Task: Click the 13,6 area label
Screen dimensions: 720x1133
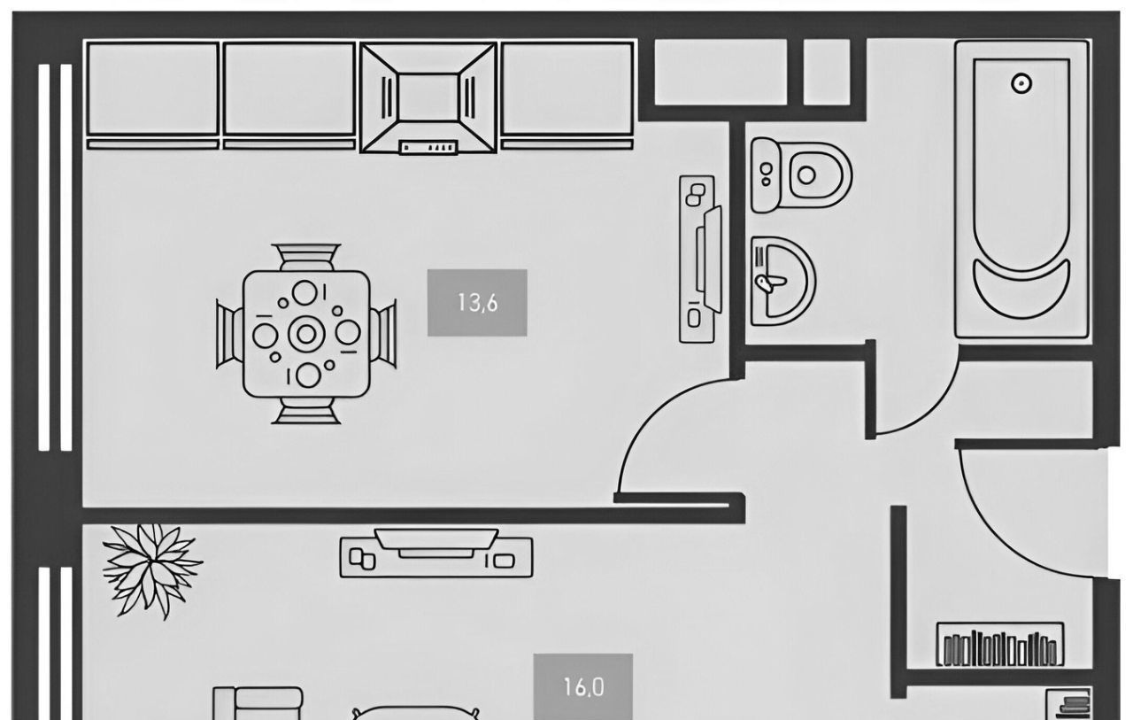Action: tap(477, 303)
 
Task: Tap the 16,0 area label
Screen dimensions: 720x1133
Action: tap(583, 685)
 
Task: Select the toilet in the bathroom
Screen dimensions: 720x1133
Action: tap(802, 174)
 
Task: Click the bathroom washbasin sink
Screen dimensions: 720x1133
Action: tap(780, 280)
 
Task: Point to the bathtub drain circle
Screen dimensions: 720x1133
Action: tap(1021, 83)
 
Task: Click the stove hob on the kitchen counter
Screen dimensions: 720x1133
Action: tap(428, 97)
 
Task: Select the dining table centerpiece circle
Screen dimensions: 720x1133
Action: tap(306, 333)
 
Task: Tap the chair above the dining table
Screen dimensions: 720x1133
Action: tap(306, 257)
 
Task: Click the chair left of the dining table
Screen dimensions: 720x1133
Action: tap(229, 333)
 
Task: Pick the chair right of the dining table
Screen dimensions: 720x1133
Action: tap(383, 333)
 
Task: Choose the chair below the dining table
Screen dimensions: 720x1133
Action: tap(306, 410)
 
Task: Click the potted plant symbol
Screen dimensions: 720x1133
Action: tap(150, 563)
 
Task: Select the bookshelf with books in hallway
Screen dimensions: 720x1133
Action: tap(1000, 646)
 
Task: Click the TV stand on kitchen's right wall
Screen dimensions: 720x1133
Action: tap(699, 259)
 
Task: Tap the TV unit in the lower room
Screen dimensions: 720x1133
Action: tap(435, 555)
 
